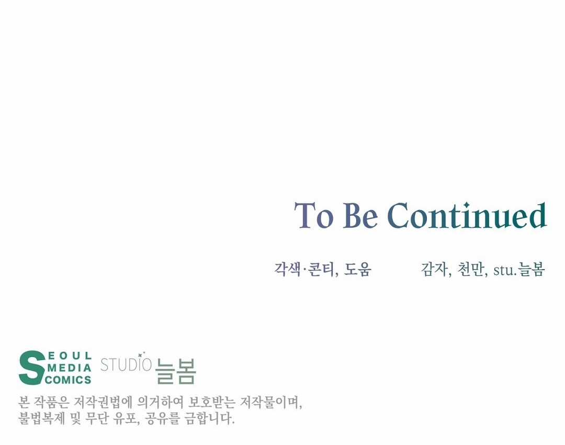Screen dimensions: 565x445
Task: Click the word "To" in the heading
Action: tap(313, 215)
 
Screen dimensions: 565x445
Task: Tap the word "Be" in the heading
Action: tap(360, 215)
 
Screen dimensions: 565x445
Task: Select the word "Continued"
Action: tap(467, 215)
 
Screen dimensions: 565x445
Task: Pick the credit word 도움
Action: tap(357, 269)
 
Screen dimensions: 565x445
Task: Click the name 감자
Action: tap(434, 269)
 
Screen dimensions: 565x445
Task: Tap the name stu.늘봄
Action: tap(519, 270)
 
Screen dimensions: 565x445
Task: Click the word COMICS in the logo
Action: tap(68, 380)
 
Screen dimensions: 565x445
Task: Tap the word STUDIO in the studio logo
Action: tap(126, 364)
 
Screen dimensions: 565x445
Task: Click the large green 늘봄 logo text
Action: tap(175, 371)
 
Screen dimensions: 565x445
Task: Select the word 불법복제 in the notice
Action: tap(41, 418)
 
